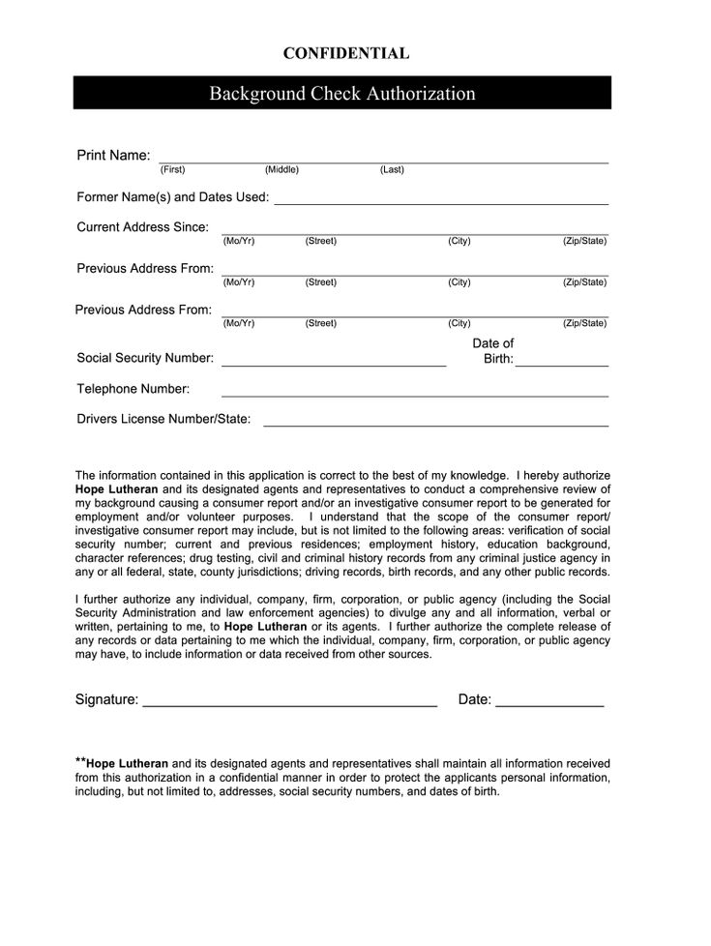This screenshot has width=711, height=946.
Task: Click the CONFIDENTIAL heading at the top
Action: point(345,54)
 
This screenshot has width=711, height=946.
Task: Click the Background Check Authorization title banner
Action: point(342,94)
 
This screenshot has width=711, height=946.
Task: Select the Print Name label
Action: point(113,156)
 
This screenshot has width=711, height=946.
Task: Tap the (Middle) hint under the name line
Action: point(281,170)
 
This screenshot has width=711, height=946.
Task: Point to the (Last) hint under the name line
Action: point(392,170)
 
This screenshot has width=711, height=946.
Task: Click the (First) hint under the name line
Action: point(172,170)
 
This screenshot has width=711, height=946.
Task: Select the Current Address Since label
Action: point(142,227)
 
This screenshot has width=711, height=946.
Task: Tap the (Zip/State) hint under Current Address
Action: point(584,241)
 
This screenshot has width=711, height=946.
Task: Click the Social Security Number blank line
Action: point(334,364)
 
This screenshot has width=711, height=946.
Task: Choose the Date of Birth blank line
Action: point(561,364)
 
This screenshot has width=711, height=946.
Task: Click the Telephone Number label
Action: point(133,389)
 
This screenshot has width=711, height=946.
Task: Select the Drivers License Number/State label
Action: point(163,420)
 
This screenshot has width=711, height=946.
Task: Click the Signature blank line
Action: point(289,705)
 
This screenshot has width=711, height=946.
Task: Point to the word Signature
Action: point(106,699)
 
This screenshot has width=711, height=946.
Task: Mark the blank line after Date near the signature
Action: point(549,705)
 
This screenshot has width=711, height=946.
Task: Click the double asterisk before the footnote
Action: point(80,761)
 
